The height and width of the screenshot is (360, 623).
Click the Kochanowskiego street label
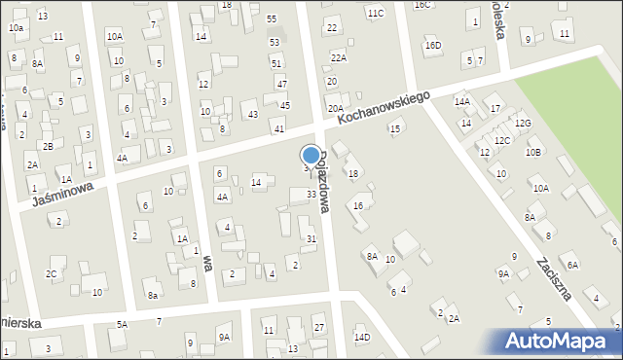[x=384, y=107]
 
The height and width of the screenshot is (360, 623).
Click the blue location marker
[x=311, y=156]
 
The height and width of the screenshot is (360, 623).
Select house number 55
[x=272, y=19]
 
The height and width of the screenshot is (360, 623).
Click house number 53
[x=275, y=42]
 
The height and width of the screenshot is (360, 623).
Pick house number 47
[x=282, y=85]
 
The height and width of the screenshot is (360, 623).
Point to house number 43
[x=252, y=115]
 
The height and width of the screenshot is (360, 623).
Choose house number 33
[x=311, y=195]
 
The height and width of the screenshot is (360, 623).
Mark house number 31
[x=311, y=238]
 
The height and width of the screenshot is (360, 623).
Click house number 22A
[x=338, y=58]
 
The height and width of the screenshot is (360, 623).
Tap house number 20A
[x=335, y=109]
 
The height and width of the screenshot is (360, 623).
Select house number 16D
[x=432, y=46]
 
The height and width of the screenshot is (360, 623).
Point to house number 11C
[x=375, y=13]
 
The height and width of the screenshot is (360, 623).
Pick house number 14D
[x=362, y=338]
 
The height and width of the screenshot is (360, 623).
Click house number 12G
[x=523, y=124]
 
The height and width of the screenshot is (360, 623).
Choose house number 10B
[x=532, y=153]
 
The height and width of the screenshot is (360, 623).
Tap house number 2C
[x=51, y=274]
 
